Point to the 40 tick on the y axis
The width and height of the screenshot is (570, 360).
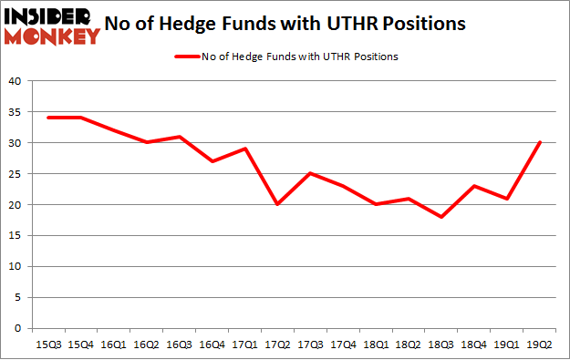[16, 81]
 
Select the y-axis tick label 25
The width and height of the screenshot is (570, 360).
[16, 174]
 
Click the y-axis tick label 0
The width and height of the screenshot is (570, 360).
[18, 328]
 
